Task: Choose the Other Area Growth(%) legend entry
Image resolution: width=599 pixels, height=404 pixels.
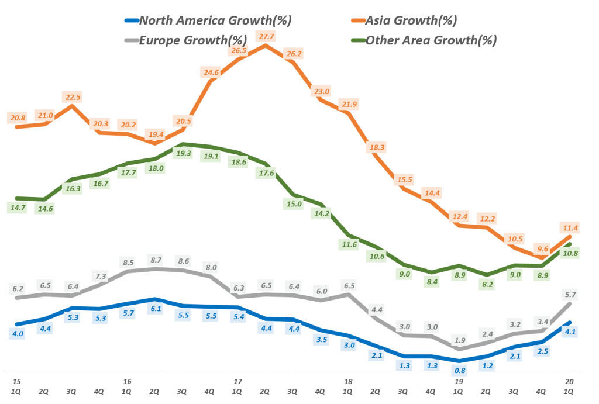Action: click(x=431, y=40)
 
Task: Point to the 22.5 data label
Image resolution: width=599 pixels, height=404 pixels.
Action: click(x=73, y=97)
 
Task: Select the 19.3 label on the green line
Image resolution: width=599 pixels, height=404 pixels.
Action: click(x=183, y=153)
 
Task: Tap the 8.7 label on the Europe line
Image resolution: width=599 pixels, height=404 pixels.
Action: click(x=155, y=260)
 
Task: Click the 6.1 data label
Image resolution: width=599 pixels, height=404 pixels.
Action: click(x=155, y=309)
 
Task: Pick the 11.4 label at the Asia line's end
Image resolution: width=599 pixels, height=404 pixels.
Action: click(x=569, y=227)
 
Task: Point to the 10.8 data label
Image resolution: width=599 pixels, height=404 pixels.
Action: click(x=569, y=253)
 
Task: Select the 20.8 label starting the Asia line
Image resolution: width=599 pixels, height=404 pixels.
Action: click(x=18, y=118)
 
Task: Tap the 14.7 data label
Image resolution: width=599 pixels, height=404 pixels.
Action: click(x=18, y=208)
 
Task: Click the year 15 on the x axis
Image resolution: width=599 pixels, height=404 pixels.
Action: click(x=17, y=381)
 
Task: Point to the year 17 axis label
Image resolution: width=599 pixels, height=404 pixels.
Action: click(x=237, y=381)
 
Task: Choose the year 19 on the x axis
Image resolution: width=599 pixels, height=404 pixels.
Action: click(x=459, y=381)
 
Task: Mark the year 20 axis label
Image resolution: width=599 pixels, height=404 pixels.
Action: click(x=569, y=381)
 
